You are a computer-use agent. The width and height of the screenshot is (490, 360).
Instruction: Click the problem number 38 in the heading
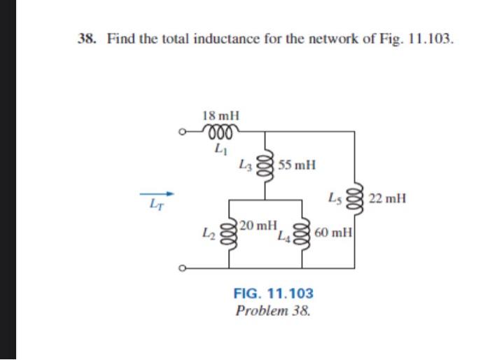point(87,39)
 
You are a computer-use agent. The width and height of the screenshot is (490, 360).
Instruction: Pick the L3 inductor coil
point(264,166)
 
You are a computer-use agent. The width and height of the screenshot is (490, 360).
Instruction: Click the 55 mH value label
point(296,166)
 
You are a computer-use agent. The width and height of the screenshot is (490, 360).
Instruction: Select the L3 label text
point(244,166)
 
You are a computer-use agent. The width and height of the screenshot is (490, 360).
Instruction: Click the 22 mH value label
point(386,199)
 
